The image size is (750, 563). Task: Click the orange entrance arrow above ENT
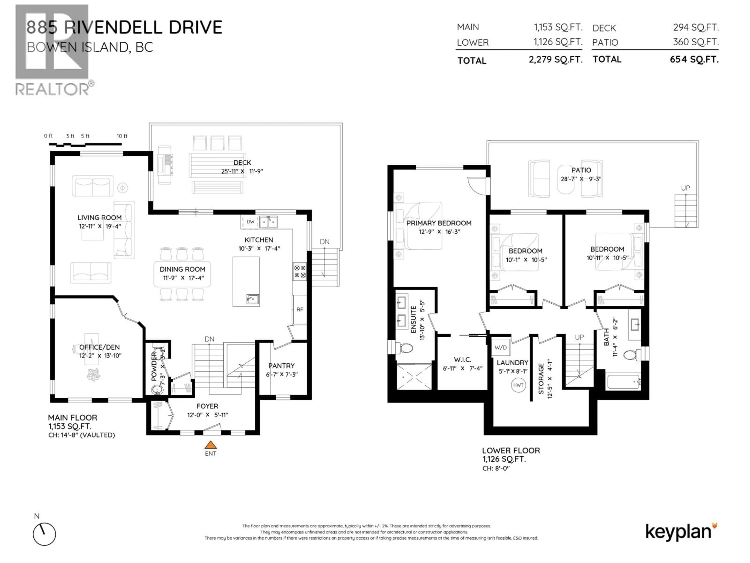pos(211,445)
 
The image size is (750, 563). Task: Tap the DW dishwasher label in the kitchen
pos(250,222)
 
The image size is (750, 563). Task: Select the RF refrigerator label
pos(300,309)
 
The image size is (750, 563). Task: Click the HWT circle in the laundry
pos(518,385)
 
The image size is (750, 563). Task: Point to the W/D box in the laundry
pos(500,348)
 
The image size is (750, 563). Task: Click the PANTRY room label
pos(281,366)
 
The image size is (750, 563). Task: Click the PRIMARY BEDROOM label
pos(439,223)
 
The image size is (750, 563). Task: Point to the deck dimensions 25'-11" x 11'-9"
pos(242,172)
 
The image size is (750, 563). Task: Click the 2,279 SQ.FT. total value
pos(555,60)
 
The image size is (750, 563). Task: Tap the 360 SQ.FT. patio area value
pos(696,42)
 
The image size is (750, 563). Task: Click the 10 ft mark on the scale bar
pos(122,136)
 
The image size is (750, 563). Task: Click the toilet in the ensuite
pos(405,348)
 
